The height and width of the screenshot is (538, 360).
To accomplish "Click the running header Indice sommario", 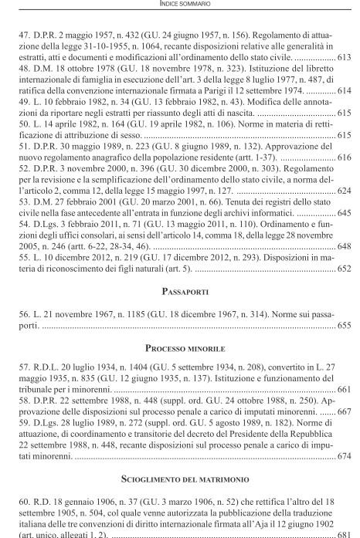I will [180, 7].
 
